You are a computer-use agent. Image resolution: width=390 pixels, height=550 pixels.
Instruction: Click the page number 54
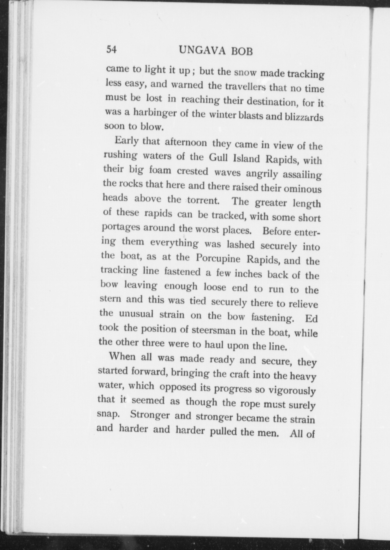[x=112, y=50]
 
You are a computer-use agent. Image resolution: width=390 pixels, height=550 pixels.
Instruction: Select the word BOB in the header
[x=242, y=51]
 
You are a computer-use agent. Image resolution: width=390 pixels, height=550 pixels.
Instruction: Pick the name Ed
[x=311, y=319]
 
